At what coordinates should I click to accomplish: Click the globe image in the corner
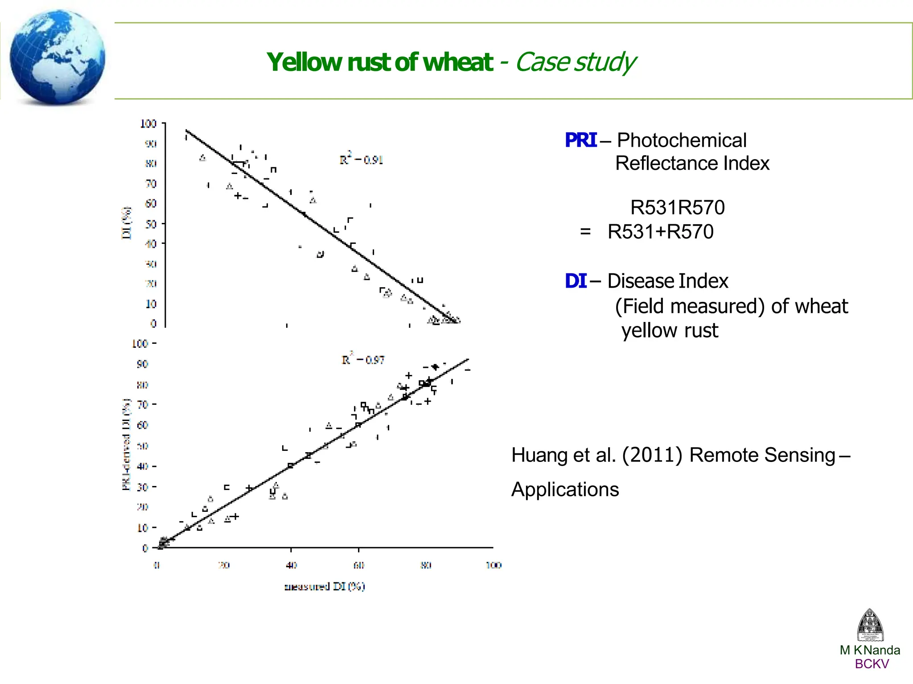57,57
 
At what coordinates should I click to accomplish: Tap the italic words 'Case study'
575,62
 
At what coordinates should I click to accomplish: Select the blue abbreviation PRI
580,140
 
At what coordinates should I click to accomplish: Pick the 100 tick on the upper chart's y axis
148,124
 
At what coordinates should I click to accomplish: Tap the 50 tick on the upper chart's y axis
151,224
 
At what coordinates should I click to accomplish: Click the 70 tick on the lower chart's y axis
142,405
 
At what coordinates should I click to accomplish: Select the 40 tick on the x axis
291,565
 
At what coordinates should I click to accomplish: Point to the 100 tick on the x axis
494,565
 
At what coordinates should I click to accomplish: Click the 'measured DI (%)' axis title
325,586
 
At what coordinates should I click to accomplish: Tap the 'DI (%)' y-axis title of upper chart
127,223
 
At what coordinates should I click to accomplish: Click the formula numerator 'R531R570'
678,208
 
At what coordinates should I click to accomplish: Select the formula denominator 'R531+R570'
661,232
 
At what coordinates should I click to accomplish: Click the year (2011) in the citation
652,455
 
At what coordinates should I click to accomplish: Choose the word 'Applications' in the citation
565,490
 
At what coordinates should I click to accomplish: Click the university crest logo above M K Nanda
870,625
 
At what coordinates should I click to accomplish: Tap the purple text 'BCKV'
872,664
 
